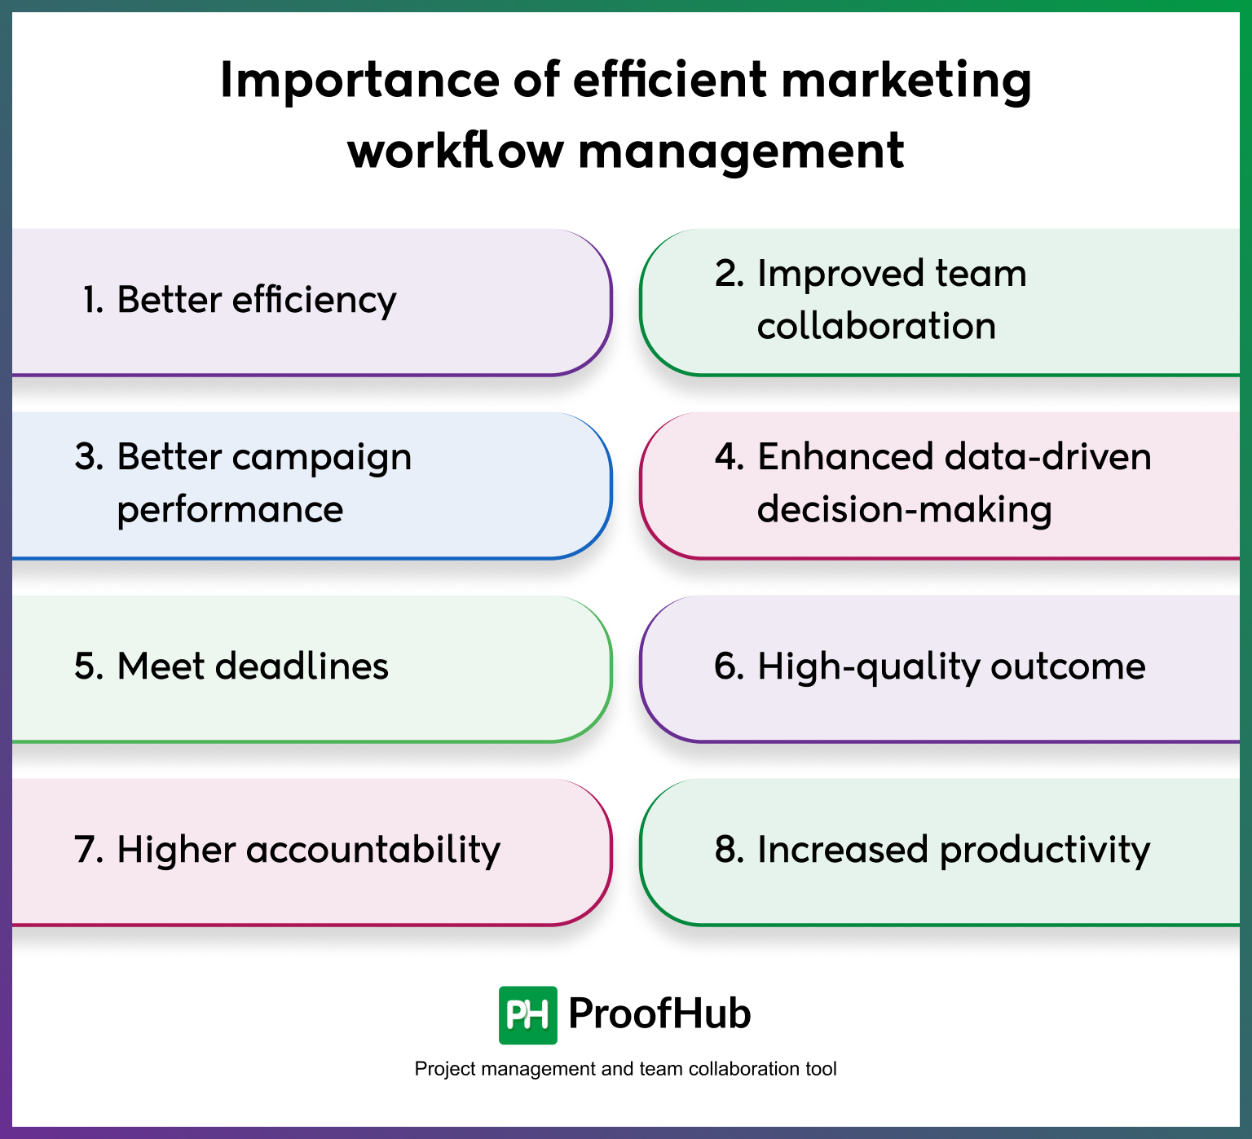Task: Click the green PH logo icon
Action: tap(527, 1015)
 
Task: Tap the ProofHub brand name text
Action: tap(659, 1014)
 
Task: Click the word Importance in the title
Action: tap(359, 80)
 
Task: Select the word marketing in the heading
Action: tap(906, 81)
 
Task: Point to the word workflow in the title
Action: tap(455, 152)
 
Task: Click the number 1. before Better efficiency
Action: tap(93, 300)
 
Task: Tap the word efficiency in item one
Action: tap(314, 300)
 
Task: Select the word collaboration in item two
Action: tap(876, 326)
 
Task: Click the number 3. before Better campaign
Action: tap(89, 457)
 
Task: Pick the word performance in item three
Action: tap(230, 510)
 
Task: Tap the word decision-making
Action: tap(904, 510)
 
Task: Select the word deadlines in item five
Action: tap(302, 666)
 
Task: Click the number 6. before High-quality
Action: tap(729, 666)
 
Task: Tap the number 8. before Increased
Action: tap(729, 850)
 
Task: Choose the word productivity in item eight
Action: tap(1044, 850)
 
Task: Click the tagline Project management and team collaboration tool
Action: tap(625, 1069)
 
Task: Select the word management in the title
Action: tap(741, 152)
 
